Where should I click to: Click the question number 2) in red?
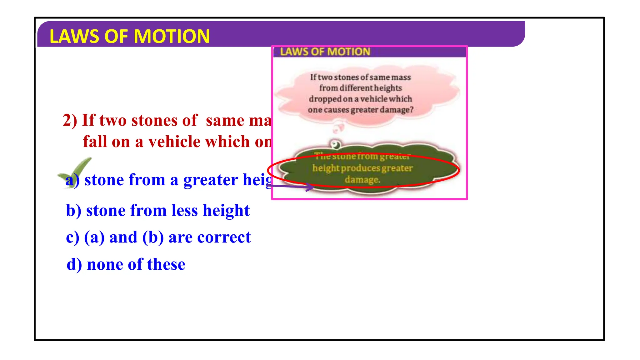pyautogui.click(x=70, y=120)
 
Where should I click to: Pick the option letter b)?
pyautogui.click(x=74, y=211)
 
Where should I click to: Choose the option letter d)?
pyautogui.click(x=74, y=265)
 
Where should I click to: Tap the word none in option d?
pyautogui.click(x=105, y=265)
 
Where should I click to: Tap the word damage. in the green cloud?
pyautogui.click(x=362, y=180)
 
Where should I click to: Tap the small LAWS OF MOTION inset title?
pyautogui.click(x=325, y=52)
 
